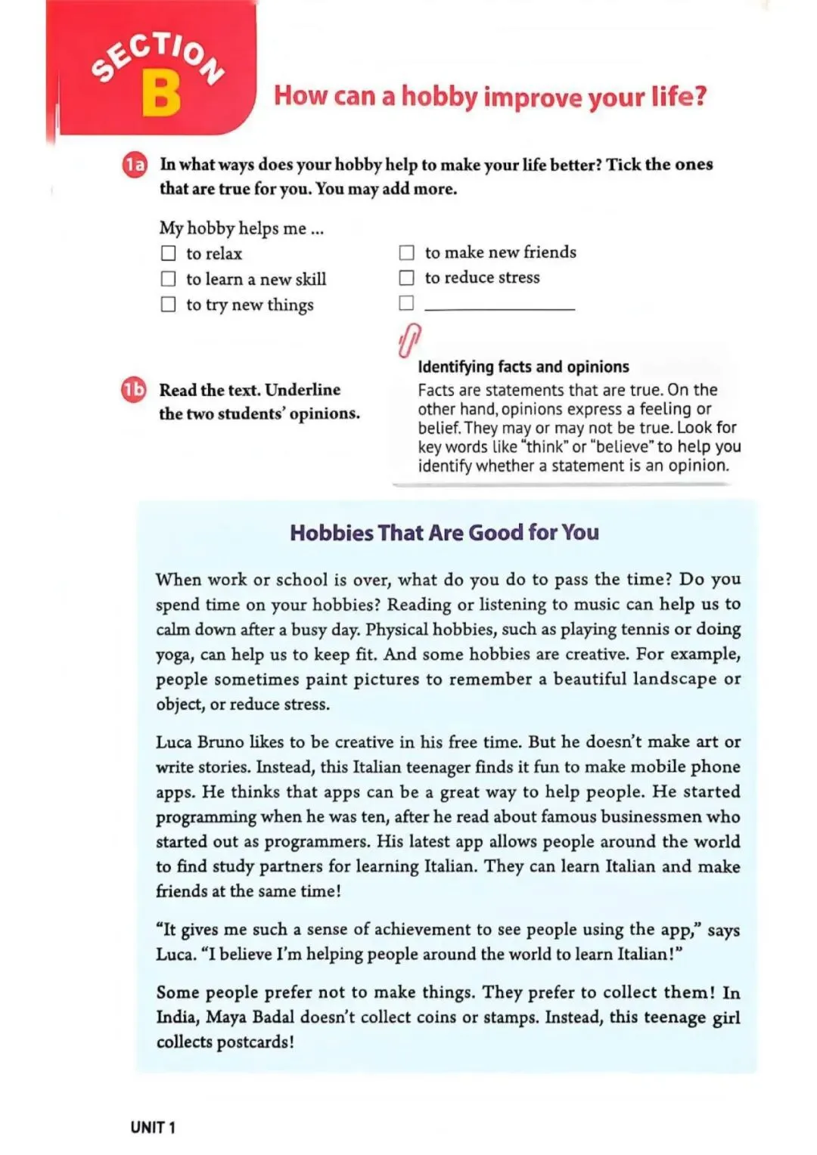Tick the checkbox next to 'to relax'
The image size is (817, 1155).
[168, 253]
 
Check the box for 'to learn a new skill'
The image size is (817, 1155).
[168, 279]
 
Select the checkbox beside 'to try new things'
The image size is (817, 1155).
[168, 304]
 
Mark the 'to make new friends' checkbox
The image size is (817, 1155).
[407, 252]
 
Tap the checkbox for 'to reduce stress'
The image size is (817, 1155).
[407, 277]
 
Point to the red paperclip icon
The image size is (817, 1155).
[409, 340]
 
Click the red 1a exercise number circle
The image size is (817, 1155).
[135, 165]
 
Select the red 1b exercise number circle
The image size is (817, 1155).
[134, 390]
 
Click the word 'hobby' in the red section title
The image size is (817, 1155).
[440, 97]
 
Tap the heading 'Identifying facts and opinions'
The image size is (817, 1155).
[523, 367]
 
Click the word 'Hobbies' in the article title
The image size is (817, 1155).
[331, 533]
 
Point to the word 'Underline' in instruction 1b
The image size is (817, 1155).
[303, 390]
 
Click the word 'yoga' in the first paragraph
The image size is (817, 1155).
[173, 655]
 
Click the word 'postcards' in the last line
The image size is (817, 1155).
[253, 1042]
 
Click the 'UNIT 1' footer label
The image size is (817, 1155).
[153, 1128]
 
